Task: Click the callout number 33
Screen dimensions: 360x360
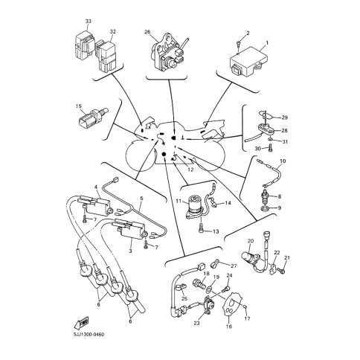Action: pos(89,22)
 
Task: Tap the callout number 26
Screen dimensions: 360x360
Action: pos(147,32)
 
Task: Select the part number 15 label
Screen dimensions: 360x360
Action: pos(79,106)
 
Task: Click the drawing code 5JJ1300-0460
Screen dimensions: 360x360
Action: pos(89,335)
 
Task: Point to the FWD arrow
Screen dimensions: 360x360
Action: pos(81,322)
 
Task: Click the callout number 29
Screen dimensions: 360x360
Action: pos(284,118)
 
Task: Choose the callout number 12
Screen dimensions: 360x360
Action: pos(190,170)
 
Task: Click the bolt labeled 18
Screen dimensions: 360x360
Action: pos(199,283)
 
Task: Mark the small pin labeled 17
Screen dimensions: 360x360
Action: pos(245,306)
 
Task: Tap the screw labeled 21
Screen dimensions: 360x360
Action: pos(281,270)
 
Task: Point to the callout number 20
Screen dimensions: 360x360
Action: pos(251,241)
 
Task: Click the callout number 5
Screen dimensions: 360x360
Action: pos(141,199)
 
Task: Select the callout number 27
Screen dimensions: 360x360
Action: pos(234,266)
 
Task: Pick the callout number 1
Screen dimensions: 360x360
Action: pos(267,43)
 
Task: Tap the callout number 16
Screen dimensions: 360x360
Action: pos(229,327)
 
